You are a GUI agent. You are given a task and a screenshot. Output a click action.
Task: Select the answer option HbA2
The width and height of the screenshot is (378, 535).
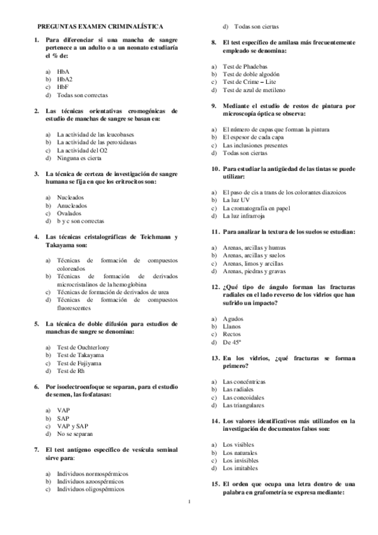point(64,79)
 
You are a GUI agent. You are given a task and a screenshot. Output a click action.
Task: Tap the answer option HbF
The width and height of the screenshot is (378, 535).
point(62,87)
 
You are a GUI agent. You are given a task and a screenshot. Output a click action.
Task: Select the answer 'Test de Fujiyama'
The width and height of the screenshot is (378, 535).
point(79,363)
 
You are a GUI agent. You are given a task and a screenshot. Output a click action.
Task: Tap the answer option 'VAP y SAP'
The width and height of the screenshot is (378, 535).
point(73,426)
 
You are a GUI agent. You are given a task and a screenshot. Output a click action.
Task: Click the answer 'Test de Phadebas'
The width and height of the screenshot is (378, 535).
point(245,66)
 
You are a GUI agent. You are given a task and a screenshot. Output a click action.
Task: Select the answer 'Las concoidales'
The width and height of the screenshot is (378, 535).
point(245,397)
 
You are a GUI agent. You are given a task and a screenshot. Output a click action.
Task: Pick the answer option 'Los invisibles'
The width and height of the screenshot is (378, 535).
point(240,461)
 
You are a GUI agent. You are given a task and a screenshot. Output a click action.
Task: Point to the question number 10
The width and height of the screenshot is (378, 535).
point(215,169)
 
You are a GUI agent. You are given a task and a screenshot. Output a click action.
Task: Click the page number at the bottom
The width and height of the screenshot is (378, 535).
point(189,502)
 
